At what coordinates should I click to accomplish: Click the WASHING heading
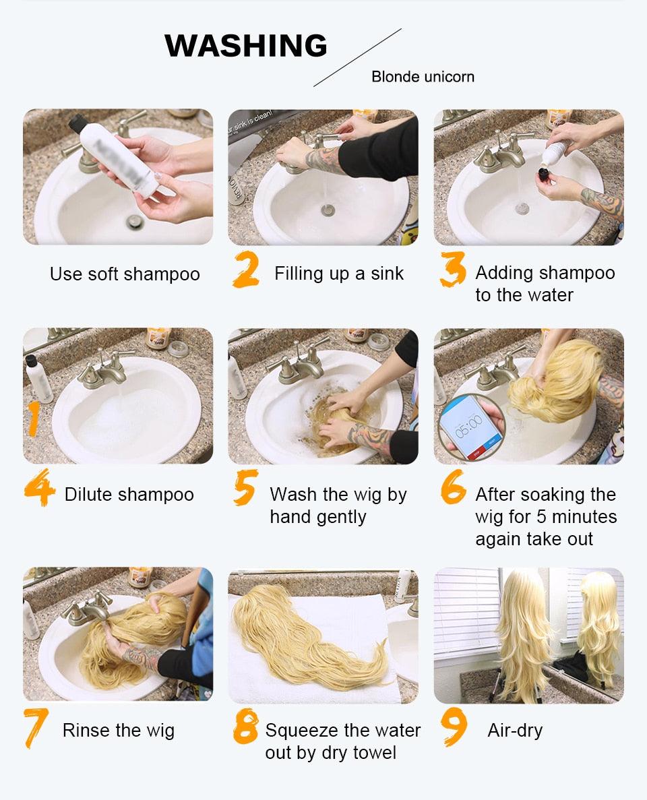(246, 46)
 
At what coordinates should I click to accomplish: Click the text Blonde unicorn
(423, 77)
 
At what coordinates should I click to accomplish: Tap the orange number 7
(35, 729)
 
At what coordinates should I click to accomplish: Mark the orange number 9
(454, 727)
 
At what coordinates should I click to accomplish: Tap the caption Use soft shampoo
(125, 274)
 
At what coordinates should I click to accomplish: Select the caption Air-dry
(515, 731)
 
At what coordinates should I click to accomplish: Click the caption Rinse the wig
(119, 731)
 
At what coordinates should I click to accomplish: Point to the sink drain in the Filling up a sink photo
(328, 210)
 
